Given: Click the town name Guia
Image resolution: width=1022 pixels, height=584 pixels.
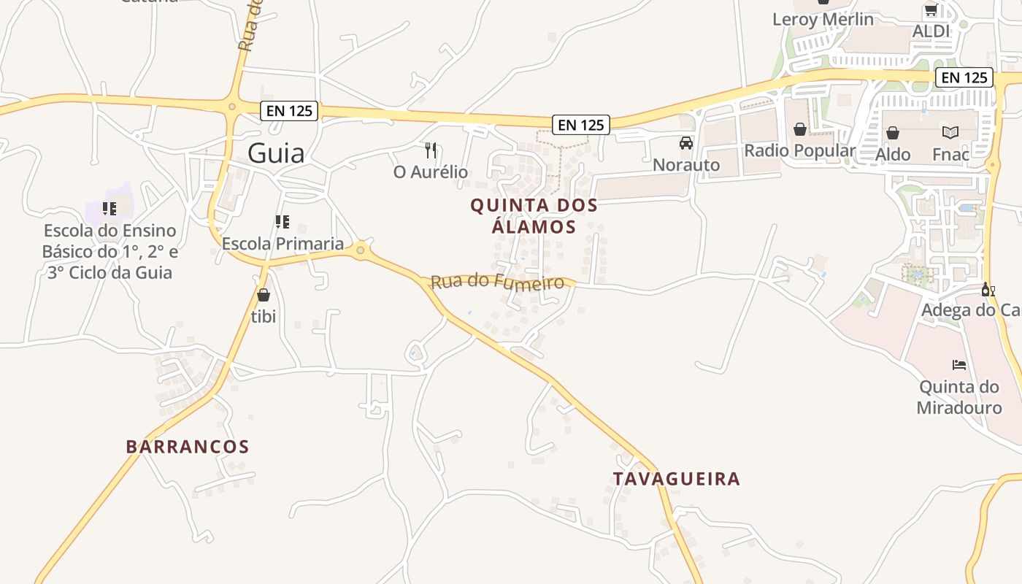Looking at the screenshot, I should coord(276,153).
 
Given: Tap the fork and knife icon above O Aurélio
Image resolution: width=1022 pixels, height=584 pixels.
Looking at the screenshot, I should coord(431,150).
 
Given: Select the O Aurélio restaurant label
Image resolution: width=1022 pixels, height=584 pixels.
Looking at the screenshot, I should coord(431,172).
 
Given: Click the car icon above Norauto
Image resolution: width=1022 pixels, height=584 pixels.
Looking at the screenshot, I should coord(685,143).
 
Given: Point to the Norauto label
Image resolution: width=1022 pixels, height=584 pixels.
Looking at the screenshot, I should coord(685,165).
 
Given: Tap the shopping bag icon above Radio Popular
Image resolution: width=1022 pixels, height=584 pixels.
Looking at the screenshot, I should coord(800,129).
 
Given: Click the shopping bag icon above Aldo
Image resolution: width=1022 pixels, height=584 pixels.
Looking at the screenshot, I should coord(892,133).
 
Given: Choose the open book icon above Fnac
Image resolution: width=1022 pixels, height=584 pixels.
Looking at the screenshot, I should coord(950,133).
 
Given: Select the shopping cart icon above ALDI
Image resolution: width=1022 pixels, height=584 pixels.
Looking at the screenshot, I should coord(931,10).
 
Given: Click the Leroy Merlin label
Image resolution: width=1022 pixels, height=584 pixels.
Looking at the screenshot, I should coord(823,20).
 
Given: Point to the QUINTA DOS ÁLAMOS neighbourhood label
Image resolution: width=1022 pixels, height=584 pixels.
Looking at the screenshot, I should coord(534,216).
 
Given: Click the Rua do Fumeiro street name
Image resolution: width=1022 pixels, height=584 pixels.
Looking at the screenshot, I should coord(498,281).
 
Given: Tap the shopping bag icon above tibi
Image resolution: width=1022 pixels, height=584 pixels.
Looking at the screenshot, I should coord(263,295).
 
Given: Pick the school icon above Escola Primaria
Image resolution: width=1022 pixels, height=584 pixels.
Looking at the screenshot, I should coord(282,221).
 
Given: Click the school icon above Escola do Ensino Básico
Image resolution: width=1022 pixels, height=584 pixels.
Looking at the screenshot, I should coord(109,209).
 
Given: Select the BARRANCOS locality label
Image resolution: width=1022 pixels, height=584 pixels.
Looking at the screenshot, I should coord(188,447).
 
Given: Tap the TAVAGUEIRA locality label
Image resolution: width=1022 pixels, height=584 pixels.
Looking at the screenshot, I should coord(676,479).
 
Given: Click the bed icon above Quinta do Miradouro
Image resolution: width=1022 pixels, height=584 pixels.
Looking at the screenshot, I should coord(959,364).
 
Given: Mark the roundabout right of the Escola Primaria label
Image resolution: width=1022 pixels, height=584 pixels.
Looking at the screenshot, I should coord(360,250).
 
